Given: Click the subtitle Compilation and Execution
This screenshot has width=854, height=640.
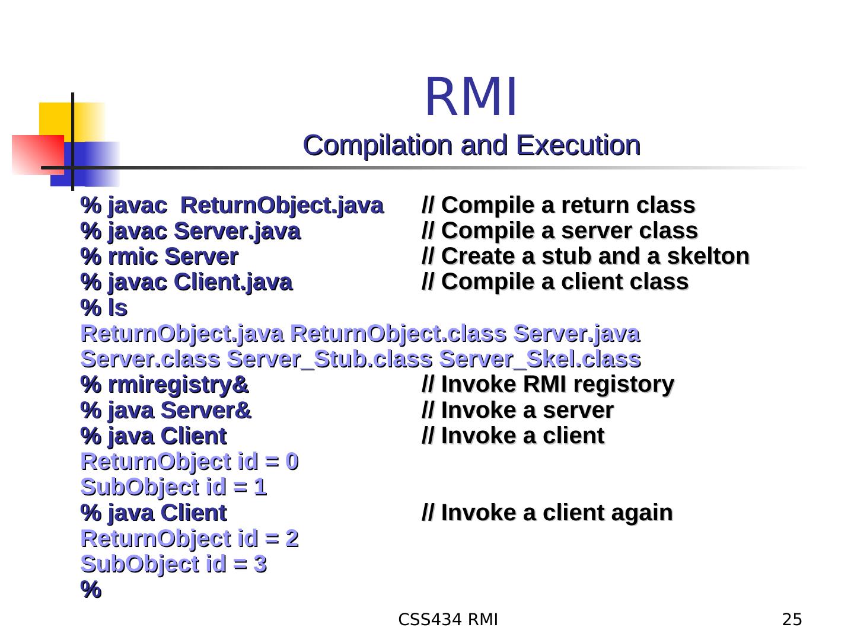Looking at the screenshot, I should [x=471, y=145].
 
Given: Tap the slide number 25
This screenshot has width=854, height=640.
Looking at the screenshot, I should [x=792, y=620].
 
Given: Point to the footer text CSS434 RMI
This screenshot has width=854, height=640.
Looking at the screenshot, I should [x=448, y=620].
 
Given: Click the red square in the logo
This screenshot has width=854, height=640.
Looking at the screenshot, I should [x=37, y=154].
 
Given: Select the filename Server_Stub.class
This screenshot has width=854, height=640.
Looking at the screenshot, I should [x=329, y=359].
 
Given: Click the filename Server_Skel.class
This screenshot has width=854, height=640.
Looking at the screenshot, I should [x=540, y=359].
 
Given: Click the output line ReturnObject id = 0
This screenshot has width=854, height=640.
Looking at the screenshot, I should [x=189, y=462].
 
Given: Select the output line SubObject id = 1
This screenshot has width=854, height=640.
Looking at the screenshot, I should [x=173, y=487].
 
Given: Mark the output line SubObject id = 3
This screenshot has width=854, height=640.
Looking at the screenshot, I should [x=173, y=564].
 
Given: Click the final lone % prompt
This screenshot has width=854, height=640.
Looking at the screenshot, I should [x=91, y=590].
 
